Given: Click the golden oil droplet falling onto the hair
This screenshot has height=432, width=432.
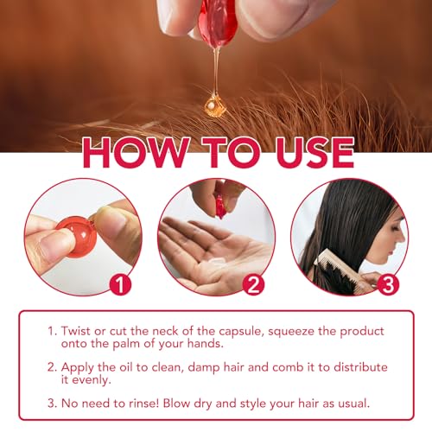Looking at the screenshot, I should pyautogui.click(x=214, y=108).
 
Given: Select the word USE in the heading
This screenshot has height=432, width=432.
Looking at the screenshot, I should pyautogui.click(x=304, y=152).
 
